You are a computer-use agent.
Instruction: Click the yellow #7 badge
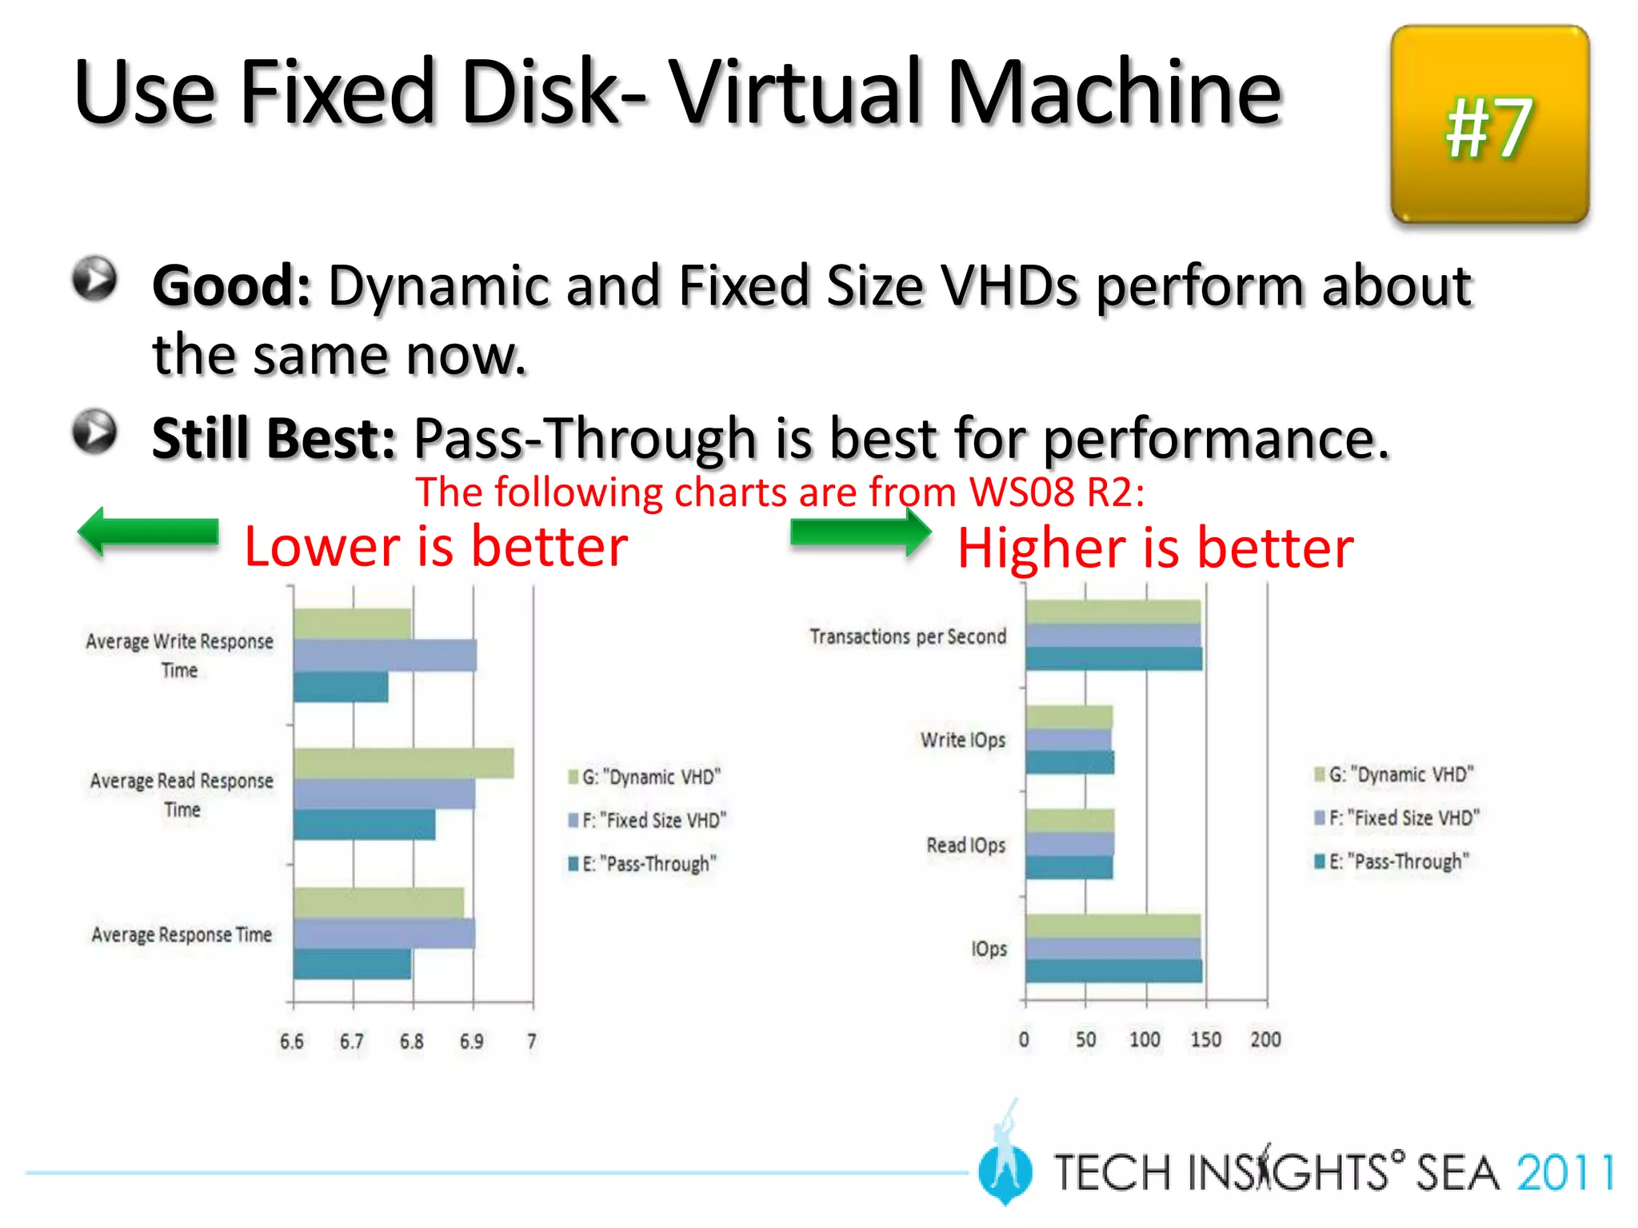(1489, 125)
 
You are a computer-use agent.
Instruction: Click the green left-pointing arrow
(148, 532)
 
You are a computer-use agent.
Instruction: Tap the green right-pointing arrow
(861, 532)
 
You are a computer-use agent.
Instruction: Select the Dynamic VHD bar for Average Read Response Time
(403, 764)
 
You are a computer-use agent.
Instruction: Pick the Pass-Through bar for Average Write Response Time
(341, 687)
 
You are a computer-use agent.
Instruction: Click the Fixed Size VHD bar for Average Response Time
(384, 933)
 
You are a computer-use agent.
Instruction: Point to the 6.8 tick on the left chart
(412, 1041)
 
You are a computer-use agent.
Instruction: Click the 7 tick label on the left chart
(532, 1041)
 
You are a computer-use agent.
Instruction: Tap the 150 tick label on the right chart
(1205, 1039)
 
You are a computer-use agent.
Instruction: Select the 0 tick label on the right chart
(1024, 1039)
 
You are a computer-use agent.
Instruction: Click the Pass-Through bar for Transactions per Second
(1113, 659)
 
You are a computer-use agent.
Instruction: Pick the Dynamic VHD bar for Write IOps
(1069, 717)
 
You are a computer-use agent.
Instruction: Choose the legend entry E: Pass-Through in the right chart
(1392, 861)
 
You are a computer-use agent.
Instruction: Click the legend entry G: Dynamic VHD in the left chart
(645, 776)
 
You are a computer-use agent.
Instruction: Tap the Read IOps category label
(965, 845)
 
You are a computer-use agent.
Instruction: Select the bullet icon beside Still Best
(95, 432)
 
